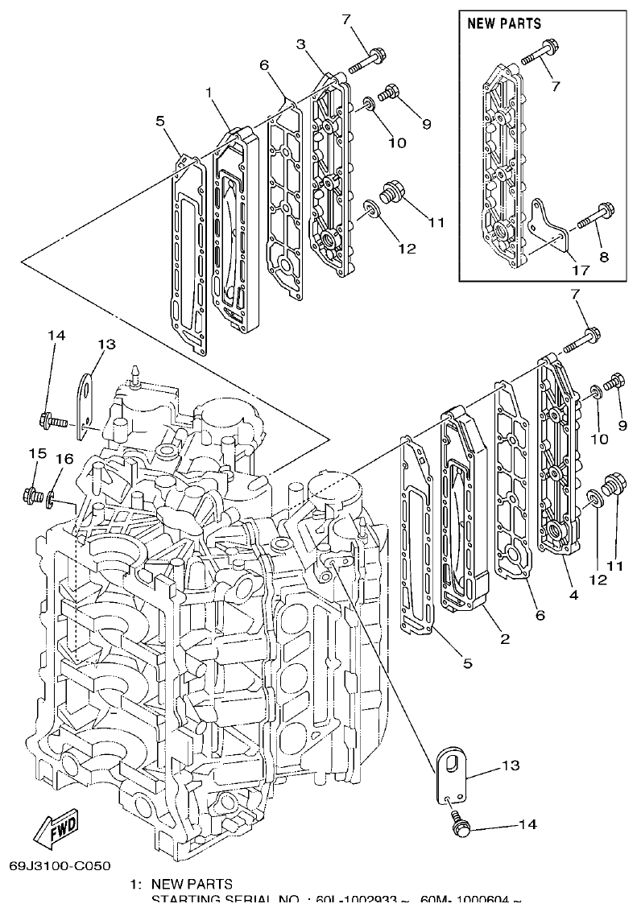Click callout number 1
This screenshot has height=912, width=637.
[x=209, y=93]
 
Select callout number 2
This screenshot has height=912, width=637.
[x=505, y=639]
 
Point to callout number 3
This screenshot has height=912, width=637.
[x=301, y=44]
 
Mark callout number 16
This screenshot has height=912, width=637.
[x=64, y=457]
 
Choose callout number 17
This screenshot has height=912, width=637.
[x=580, y=270]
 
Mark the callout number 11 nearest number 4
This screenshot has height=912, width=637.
[x=615, y=566]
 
